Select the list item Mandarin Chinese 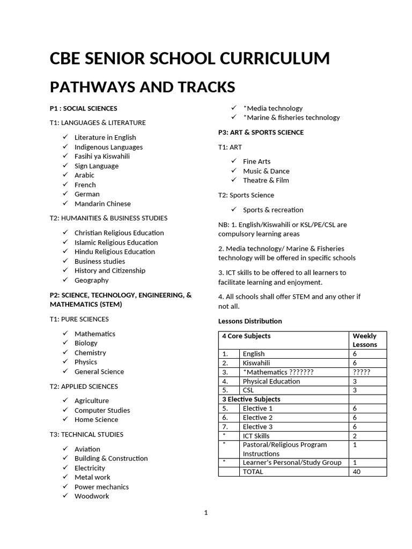coord(102,204)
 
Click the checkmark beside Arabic coord(65,175)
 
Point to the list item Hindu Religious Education coord(114,252)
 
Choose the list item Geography coord(91,280)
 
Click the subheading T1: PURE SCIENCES coord(79,319)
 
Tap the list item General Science coord(99,372)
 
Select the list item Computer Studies coord(102,410)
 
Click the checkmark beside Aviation coord(65,449)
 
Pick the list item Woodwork coord(91,496)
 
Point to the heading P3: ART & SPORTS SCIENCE coord(261,132)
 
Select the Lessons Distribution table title coord(249,321)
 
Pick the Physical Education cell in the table coord(271,381)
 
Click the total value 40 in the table coord(357,472)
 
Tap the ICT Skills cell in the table coord(256,436)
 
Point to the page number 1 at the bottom coord(205,513)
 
